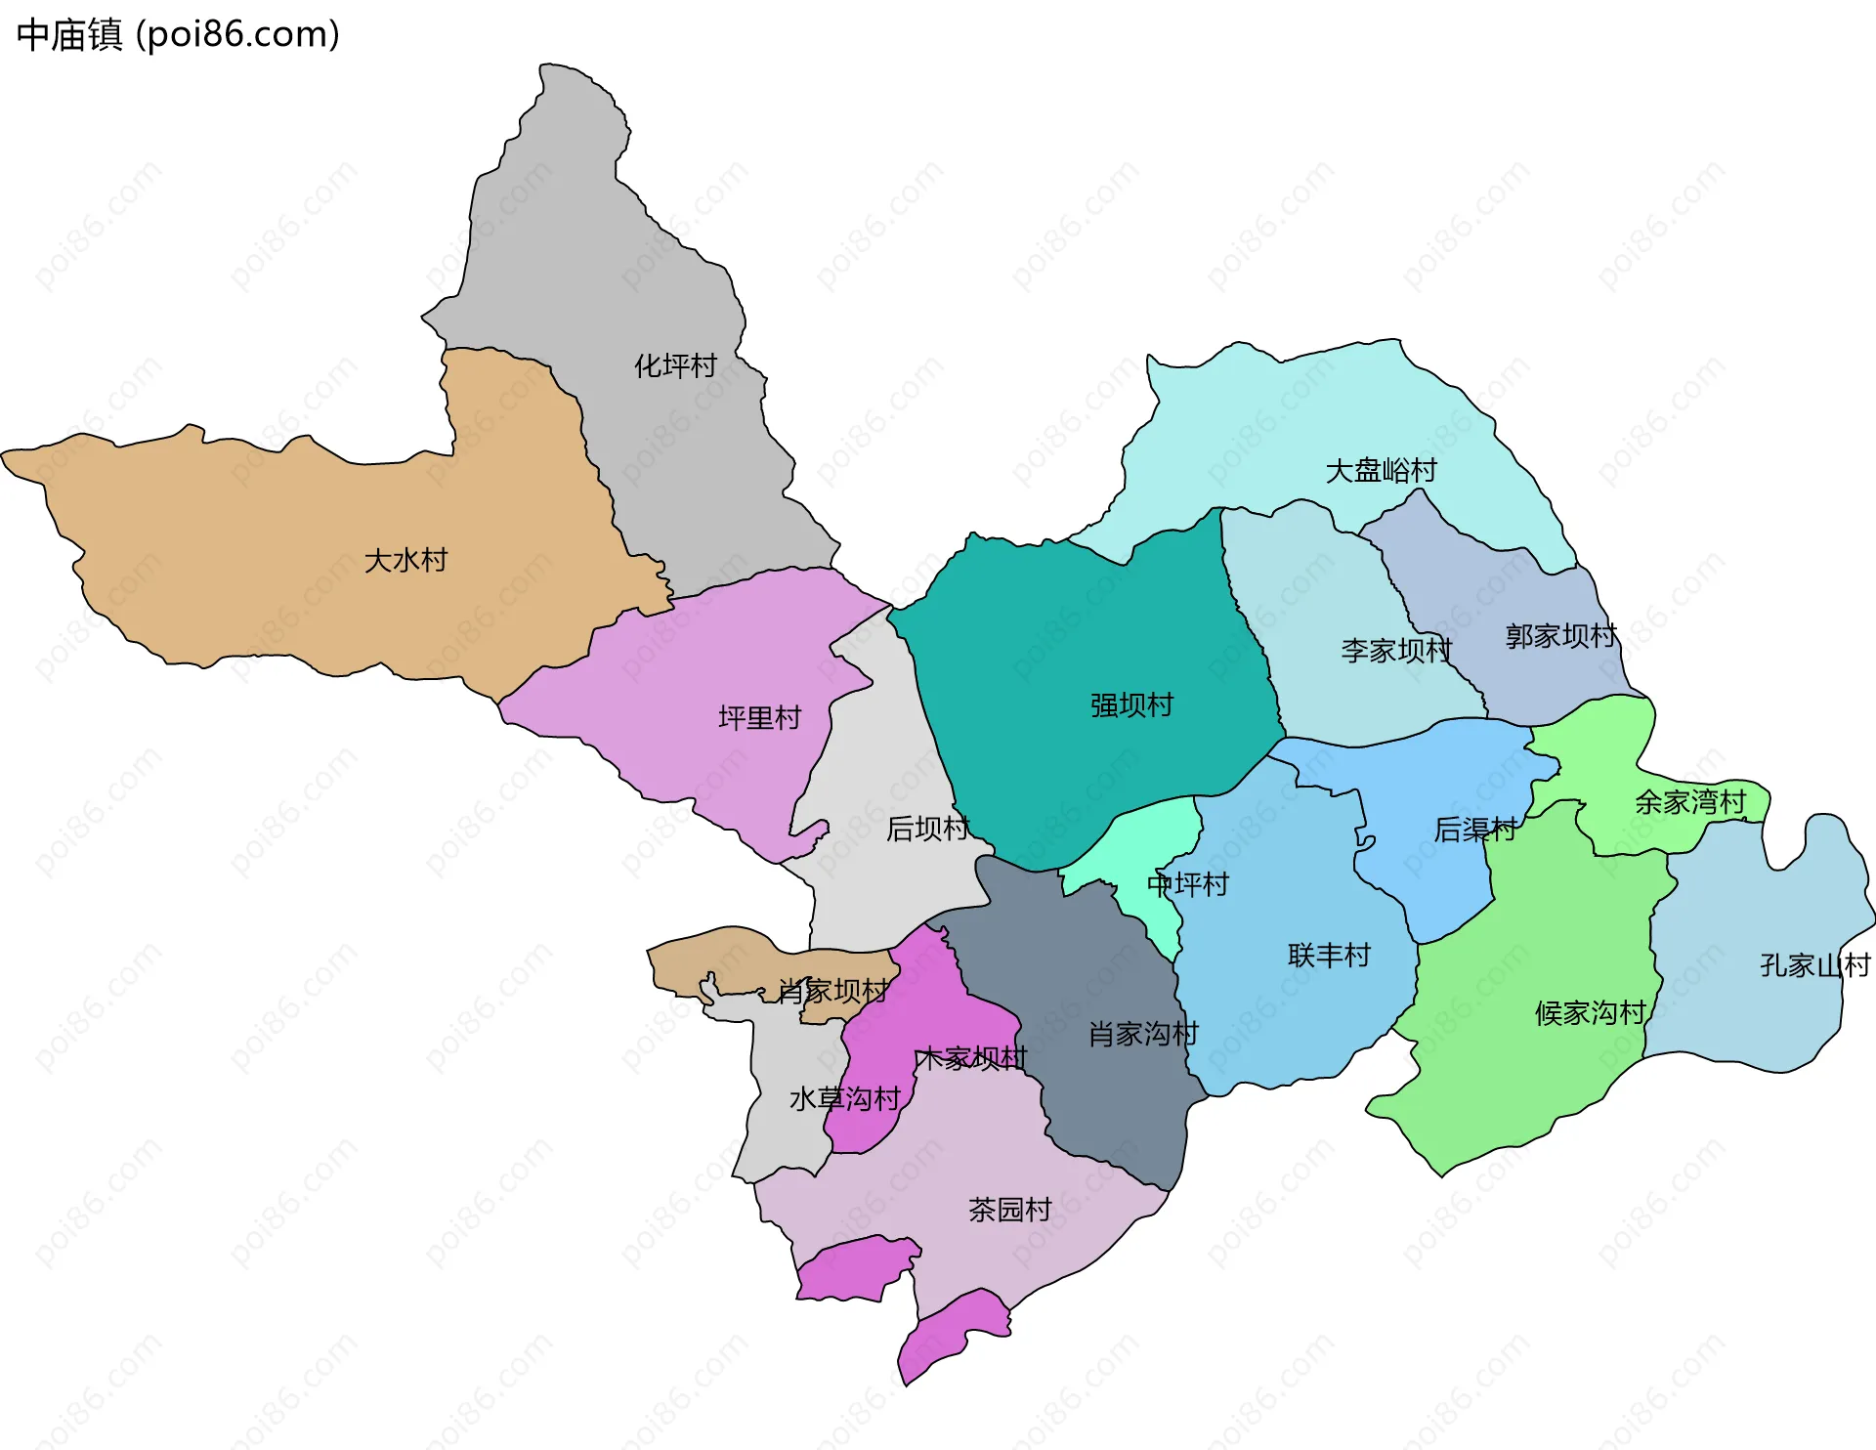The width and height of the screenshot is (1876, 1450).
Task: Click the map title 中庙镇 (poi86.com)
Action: (x=178, y=34)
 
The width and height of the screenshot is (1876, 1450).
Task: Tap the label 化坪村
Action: (x=675, y=366)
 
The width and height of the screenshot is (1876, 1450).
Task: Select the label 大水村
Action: (x=405, y=561)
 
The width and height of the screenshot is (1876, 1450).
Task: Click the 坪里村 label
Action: (x=759, y=718)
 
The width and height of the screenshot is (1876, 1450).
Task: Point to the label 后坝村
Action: (x=927, y=829)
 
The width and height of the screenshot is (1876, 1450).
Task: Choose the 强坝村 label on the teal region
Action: (x=1131, y=705)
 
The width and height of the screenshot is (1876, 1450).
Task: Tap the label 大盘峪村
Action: (x=1381, y=471)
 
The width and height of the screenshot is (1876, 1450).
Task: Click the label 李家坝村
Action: (x=1396, y=651)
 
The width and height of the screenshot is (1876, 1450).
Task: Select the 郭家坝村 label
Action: (x=1560, y=636)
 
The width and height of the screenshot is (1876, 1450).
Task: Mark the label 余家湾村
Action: (x=1690, y=802)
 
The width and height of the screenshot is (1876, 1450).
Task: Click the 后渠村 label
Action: (x=1474, y=830)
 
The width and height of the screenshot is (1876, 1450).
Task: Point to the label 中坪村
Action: (x=1187, y=884)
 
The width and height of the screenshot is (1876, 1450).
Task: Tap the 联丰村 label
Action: (x=1329, y=955)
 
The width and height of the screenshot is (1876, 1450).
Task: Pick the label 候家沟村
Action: (x=1591, y=1012)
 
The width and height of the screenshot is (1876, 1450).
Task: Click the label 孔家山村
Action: (x=1814, y=965)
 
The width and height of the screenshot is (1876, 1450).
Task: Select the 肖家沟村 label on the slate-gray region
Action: (x=1143, y=1034)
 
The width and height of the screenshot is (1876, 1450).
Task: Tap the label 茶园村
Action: (x=1009, y=1210)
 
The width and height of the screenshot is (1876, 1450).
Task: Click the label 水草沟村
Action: (x=844, y=1099)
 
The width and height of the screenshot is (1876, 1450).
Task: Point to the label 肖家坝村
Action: (x=832, y=991)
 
